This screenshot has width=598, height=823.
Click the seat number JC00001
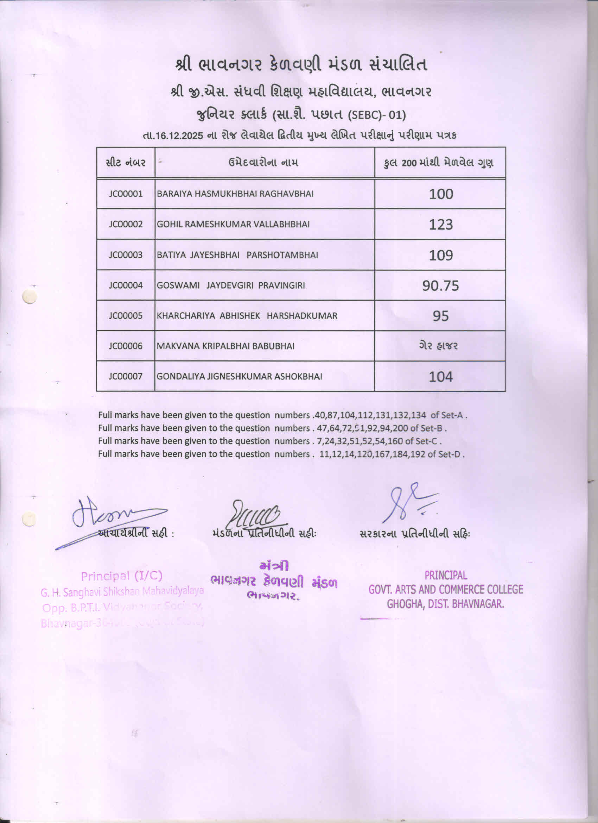(126, 194)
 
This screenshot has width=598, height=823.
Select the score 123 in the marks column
(441, 224)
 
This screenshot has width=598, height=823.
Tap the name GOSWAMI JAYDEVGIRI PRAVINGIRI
(231, 285)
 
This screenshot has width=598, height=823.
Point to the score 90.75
(440, 286)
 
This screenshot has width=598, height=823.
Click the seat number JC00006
(126, 346)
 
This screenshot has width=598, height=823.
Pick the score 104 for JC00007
(440, 377)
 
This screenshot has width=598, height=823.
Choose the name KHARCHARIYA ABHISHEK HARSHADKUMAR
(247, 316)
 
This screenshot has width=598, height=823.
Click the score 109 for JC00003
(441, 255)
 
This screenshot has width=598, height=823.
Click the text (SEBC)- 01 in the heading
(376, 115)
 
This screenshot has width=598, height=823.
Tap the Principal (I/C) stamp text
(121, 576)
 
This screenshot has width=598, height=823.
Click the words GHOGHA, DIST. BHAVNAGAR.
(445, 604)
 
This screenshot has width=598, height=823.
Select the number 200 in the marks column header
(409, 163)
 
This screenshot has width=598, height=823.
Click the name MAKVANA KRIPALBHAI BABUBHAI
(225, 346)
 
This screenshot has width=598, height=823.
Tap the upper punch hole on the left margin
(30, 296)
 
